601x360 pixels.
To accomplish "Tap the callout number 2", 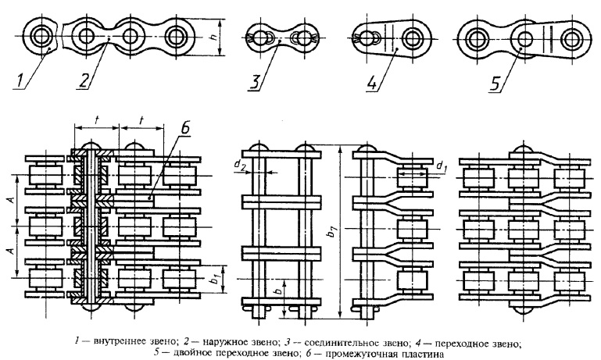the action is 84,80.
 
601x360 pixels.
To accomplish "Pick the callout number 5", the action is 496,81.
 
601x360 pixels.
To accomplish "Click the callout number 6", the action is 185,130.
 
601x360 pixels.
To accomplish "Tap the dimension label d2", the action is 240,166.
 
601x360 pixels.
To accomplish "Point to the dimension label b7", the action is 334,231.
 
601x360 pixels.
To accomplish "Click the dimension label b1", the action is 216,280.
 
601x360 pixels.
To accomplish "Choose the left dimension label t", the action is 96,120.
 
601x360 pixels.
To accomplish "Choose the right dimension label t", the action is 141,120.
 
